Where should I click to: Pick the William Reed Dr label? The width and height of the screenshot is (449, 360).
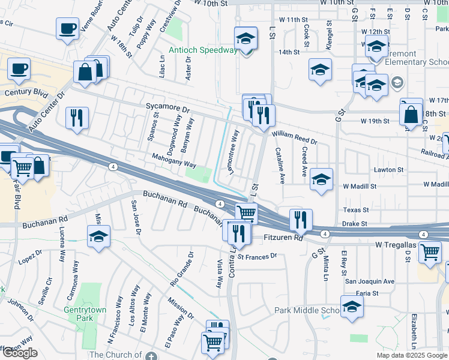tap(294, 137)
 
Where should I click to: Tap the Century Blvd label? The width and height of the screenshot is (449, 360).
tap(25, 93)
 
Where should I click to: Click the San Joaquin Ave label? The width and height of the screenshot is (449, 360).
tap(369, 281)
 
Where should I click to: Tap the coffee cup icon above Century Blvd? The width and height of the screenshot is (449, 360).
tap(19, 69)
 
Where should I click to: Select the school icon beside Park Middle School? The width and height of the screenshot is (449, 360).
tap(352, 307)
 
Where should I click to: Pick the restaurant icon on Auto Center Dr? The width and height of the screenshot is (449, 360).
tap(77, 118)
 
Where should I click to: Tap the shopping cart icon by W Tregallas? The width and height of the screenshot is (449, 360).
tap(430, 254)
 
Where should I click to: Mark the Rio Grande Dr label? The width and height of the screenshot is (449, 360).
tap(181, 268)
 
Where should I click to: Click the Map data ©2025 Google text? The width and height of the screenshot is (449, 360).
tap(411, 355)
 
